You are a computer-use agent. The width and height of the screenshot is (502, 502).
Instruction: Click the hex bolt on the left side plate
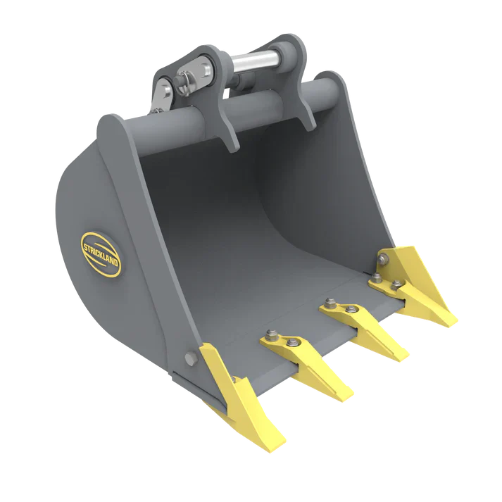[189, 358]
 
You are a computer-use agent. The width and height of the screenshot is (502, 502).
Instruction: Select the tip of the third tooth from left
[404, 359]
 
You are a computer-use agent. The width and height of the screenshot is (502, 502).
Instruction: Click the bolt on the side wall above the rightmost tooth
[382, 261]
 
